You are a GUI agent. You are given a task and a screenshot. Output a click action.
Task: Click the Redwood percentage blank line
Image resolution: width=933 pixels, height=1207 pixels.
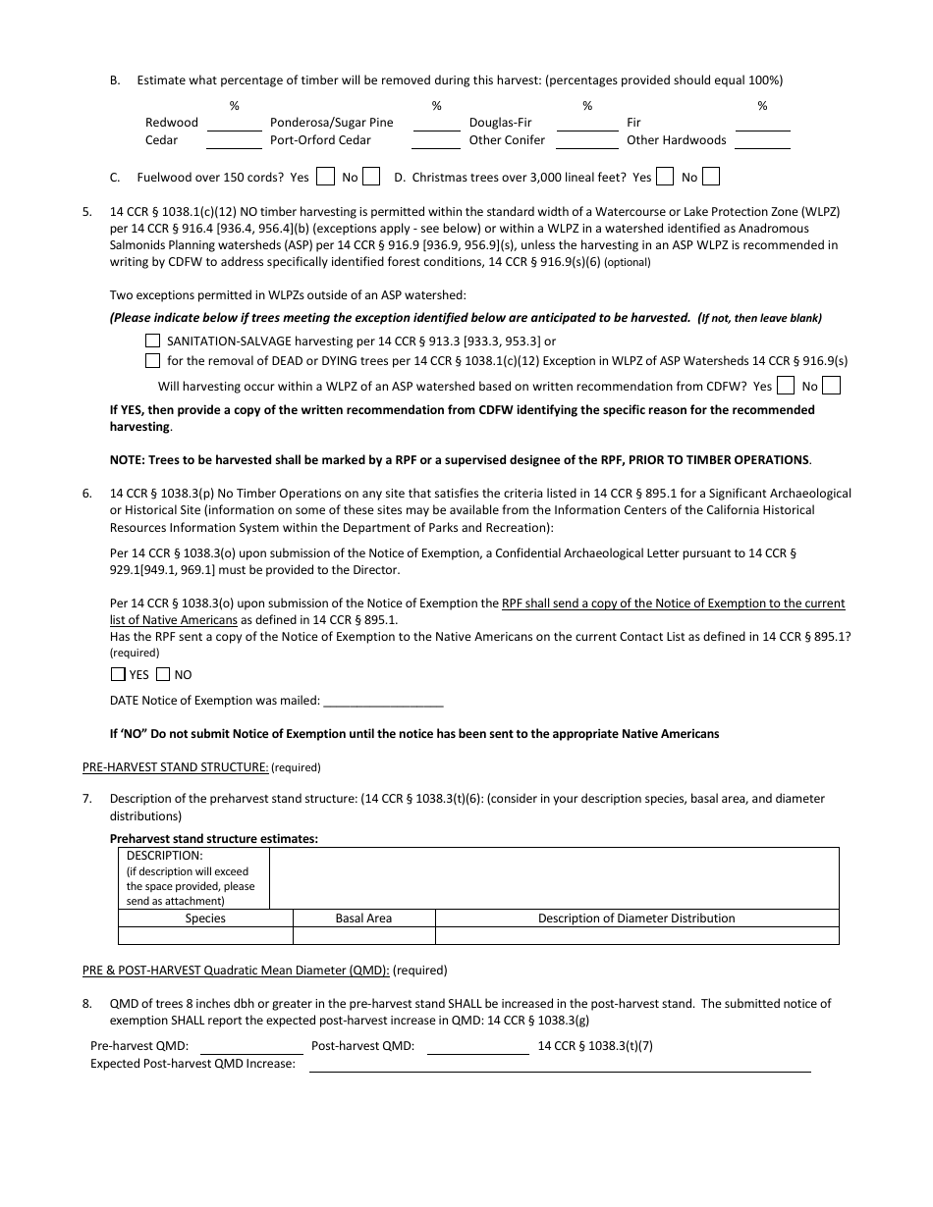pos(234,124)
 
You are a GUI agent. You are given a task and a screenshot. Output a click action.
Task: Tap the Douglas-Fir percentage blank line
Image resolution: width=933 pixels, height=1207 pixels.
pos(587,124)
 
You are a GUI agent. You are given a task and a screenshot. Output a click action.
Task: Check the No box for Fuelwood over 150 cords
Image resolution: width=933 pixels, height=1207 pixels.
pos(371,177)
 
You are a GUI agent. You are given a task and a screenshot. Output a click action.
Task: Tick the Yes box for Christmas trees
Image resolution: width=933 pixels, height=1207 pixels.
pos(665,177)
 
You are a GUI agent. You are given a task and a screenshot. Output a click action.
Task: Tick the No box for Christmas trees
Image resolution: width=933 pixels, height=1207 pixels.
pos(711,177)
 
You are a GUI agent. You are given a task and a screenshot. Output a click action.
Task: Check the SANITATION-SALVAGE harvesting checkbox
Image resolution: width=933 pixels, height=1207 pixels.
pos(152,341)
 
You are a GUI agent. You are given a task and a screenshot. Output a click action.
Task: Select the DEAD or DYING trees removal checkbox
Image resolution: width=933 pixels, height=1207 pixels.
pos(152,360)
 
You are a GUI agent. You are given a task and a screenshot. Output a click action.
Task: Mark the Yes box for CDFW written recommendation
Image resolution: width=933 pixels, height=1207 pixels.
pos(786,386)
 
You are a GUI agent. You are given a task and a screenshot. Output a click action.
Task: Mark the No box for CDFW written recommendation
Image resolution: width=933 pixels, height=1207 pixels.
pos(831,386)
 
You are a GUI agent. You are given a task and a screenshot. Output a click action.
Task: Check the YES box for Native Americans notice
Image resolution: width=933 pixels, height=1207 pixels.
pos(118,674)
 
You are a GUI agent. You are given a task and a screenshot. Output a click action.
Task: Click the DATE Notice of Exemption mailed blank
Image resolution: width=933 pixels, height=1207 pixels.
pos(383,701)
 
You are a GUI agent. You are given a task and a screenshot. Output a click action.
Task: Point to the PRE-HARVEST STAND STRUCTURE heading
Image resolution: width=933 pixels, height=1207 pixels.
pos(175,767)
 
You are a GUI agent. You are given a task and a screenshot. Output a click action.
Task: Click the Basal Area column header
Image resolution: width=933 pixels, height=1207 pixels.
pos(363,918)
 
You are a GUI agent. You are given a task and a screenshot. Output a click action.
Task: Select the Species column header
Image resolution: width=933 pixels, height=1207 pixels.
pos(205,918)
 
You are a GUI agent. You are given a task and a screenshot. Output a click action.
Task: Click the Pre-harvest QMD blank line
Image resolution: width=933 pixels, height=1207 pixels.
pos(248,1047)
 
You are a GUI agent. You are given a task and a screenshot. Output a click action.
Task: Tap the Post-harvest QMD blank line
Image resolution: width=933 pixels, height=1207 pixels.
pos(478,1047)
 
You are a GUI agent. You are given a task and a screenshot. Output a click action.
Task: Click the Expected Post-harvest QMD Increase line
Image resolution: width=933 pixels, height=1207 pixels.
pos(560,1065)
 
